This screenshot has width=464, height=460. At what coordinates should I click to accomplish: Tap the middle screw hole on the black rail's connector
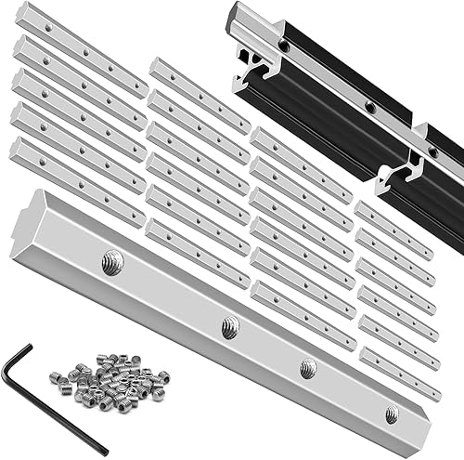[370, 108]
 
